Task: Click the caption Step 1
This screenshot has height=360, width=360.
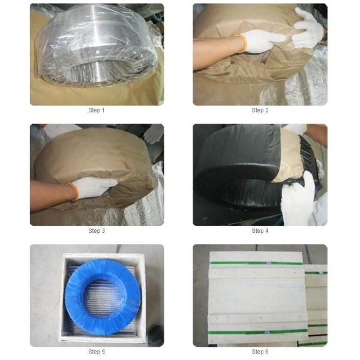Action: pos(97,110)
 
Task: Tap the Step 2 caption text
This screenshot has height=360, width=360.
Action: pos(259,110)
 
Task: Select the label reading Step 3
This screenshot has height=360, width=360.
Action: pos(97,231)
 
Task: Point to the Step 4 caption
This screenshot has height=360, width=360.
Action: pos(259,231)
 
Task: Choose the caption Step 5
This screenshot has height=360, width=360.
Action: pos(97,351)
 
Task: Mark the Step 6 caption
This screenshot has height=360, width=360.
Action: pos(259,351)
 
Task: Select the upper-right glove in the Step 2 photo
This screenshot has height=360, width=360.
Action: pos(307,28)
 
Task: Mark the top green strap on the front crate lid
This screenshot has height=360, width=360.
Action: pos(254,263)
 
